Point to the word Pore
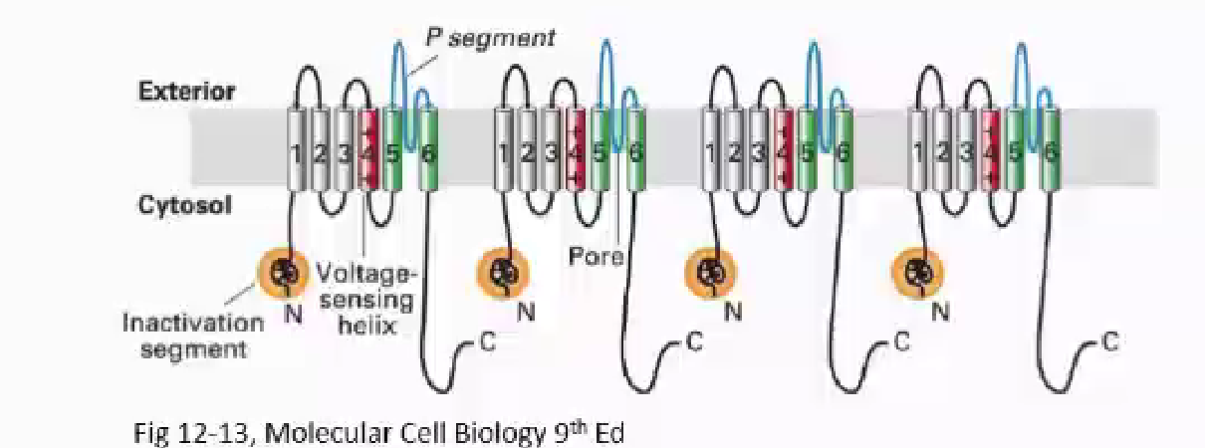click(596, 256)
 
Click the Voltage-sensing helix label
click(367, 299)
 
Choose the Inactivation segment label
click(193, 336)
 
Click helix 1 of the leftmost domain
click(296, 151)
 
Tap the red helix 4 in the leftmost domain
click(368, 151)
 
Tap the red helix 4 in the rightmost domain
click(990, 151)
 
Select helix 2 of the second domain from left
click(528, 151)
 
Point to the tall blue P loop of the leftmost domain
click(399, 70)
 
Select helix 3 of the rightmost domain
click(966, 151)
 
